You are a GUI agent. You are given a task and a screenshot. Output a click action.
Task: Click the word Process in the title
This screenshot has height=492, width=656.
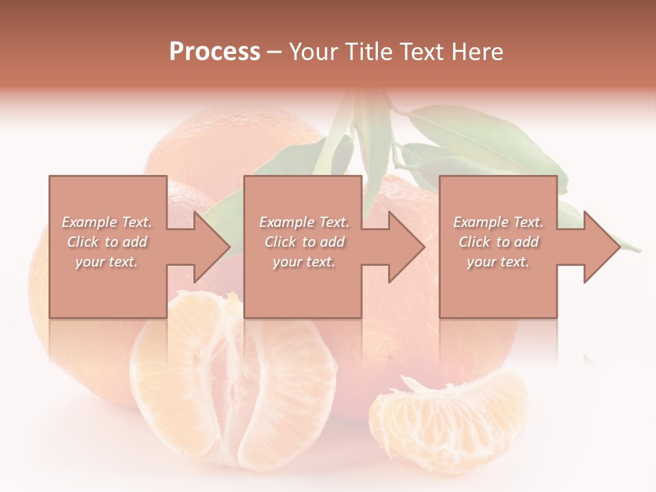click(215, 52)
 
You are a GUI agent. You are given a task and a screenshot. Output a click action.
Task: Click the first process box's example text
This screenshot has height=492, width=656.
click(107, 242)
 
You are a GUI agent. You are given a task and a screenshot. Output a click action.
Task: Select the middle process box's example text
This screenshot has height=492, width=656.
click(304, 242)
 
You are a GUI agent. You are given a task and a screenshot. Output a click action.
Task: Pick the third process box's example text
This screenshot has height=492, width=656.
click(498, 242)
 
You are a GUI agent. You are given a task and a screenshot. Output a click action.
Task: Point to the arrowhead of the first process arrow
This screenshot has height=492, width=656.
click(212, 247)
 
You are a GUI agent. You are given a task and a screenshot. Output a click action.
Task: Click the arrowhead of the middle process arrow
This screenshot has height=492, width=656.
click(407, 247)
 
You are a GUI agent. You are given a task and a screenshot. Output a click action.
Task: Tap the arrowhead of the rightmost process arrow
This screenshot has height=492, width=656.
click(601, 247)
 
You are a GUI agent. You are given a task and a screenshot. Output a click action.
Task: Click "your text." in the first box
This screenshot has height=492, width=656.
click(107, 261)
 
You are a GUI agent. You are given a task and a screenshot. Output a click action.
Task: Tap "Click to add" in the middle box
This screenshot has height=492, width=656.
click(304, 242)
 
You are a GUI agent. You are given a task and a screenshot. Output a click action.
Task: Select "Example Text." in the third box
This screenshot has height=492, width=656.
click(498, 222)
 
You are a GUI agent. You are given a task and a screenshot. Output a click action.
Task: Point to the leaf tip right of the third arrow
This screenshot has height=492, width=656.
click(632, 247)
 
